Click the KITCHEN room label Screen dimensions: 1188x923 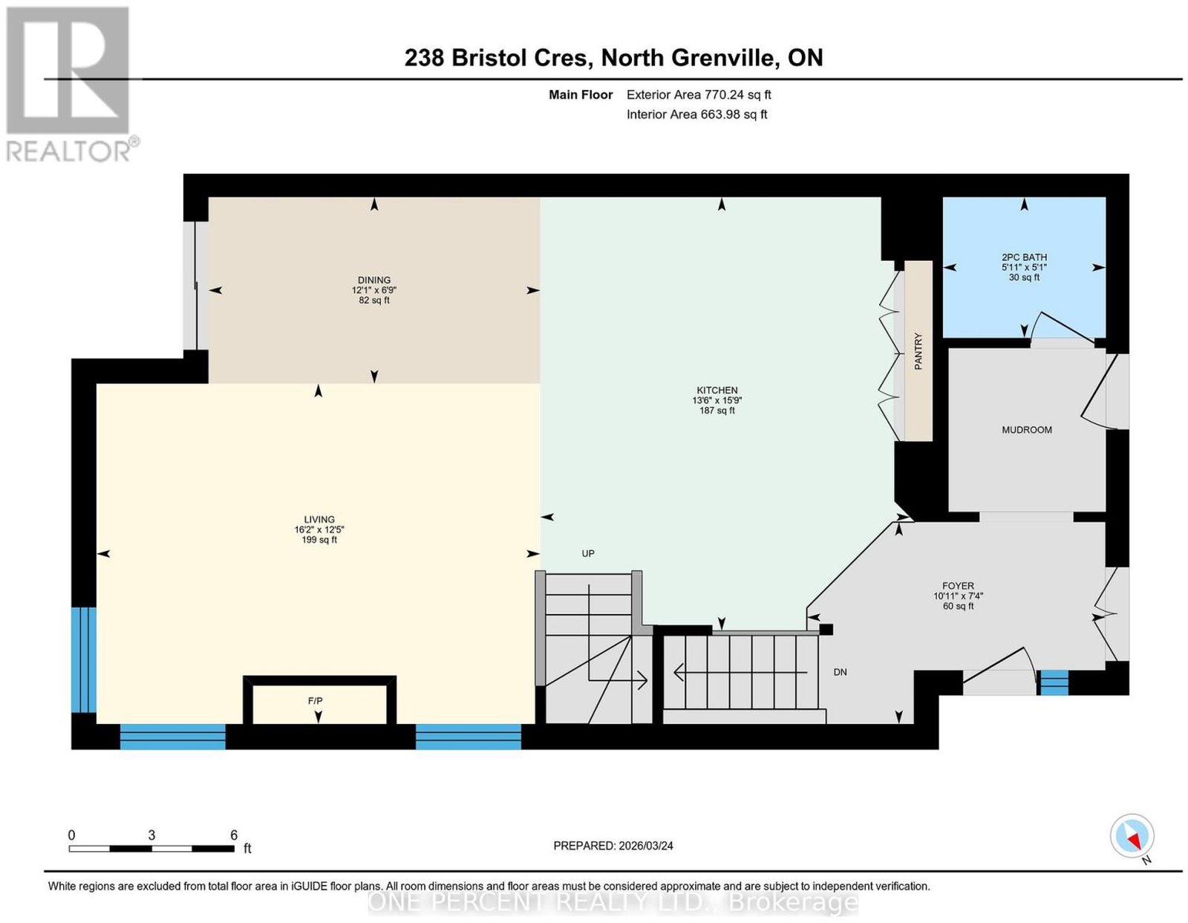717,390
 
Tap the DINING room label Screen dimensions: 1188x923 374,280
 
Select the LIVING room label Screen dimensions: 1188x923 319,519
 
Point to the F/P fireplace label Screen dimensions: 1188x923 315,700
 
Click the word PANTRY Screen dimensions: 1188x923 918,350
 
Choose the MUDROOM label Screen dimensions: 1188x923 1026,429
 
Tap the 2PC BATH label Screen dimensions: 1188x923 1024,257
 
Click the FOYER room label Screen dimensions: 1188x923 958,585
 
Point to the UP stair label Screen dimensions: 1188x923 588,553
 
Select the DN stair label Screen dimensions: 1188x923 840,671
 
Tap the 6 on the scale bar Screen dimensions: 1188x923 233,835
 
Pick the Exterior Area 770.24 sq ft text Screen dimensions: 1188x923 698,94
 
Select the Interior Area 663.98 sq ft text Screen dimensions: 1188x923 696,114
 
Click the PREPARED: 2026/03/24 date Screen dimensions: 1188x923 613,845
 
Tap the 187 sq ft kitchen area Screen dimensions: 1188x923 717,410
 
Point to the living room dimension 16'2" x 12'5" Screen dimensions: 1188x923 319,529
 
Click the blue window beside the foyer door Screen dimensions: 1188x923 1053,682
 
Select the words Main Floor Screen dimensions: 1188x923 581,94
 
